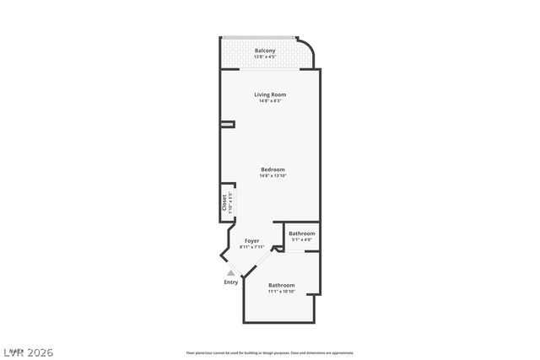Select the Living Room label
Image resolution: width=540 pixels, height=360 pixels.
click(x=270, y=94)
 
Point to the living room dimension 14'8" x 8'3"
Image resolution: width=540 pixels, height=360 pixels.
click(x=270, y=101)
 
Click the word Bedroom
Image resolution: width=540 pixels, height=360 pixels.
click(x=273, y=169)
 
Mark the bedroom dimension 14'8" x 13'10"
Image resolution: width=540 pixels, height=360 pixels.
click(x=273, y=175)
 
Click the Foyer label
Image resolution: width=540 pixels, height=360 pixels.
click(x=252, y=241)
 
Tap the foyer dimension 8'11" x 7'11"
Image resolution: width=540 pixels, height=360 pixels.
click(x=252, y=247)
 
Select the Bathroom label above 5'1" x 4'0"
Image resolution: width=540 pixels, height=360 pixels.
click(x=301, y=234)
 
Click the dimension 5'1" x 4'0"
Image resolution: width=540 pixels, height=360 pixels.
click(x=301, y=240)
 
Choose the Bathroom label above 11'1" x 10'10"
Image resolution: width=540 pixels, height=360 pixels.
click(x=282, y=285)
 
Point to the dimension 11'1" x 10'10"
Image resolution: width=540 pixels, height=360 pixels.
click(x=282, y=292)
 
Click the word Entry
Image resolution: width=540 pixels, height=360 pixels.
click(x=230, y=282)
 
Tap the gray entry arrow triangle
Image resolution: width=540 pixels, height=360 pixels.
click(x=229, y=271)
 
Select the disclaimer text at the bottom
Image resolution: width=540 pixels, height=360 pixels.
click(x=270, y=352)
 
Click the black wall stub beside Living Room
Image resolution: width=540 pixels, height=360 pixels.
click(x=227, y=125)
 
